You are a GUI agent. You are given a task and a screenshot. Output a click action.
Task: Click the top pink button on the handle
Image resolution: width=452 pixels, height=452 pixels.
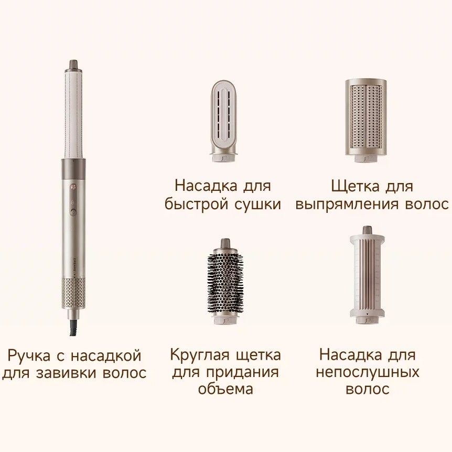point(73,187)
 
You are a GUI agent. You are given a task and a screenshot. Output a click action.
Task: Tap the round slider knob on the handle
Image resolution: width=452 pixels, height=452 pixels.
point(73,212)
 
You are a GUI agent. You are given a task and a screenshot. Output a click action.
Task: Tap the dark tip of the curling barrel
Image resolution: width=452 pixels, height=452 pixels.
point(73,64)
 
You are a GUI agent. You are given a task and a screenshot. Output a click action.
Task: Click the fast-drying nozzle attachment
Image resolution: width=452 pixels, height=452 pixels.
point(224,121)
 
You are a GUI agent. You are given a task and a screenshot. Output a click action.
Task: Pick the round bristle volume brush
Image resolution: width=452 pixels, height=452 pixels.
point(225,282)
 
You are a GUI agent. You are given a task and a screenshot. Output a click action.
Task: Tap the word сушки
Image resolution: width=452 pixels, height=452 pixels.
point(257,205)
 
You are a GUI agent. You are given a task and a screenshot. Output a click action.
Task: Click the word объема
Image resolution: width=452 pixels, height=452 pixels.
point(225,389)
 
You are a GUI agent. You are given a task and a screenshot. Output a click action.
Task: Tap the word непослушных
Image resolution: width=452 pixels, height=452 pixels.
point(368,372)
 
